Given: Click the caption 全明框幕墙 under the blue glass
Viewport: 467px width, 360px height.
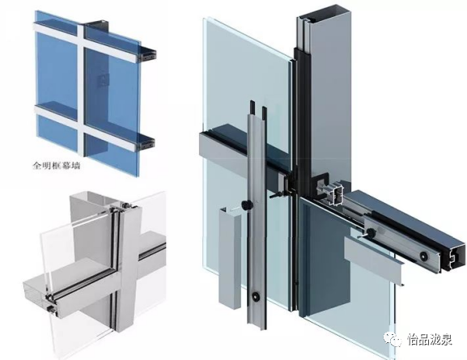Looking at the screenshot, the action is click(57, 165).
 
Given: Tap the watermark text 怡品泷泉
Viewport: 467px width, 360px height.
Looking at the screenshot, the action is click(430, 340).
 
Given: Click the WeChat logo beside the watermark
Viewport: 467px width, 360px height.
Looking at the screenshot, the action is click(393, 339).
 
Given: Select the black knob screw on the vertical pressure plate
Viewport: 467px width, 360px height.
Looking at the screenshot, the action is click(247, 205).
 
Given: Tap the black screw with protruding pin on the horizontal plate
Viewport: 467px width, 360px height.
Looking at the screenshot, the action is click(370, 232).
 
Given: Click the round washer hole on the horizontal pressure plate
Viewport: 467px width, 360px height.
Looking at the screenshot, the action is click(423, 256).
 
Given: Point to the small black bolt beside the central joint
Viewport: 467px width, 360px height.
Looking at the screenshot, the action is click(275, 197).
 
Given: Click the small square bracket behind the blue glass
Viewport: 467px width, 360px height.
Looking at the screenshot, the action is click(104, 80).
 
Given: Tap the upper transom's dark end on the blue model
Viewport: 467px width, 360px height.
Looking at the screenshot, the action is click(148, 55).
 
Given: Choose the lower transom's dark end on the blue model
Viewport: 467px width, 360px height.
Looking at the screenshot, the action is click(146, 144).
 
